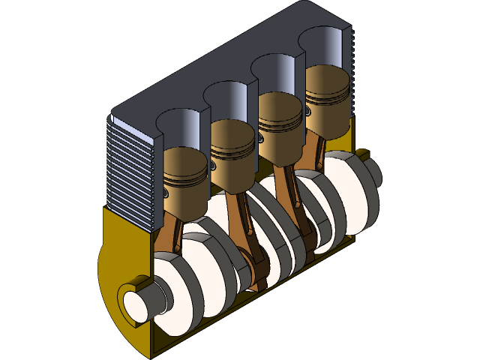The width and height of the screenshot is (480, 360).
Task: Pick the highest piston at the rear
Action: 327,94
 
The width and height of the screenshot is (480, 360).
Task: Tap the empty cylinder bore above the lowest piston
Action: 180,127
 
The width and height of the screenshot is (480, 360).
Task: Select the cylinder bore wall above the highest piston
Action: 326,49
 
